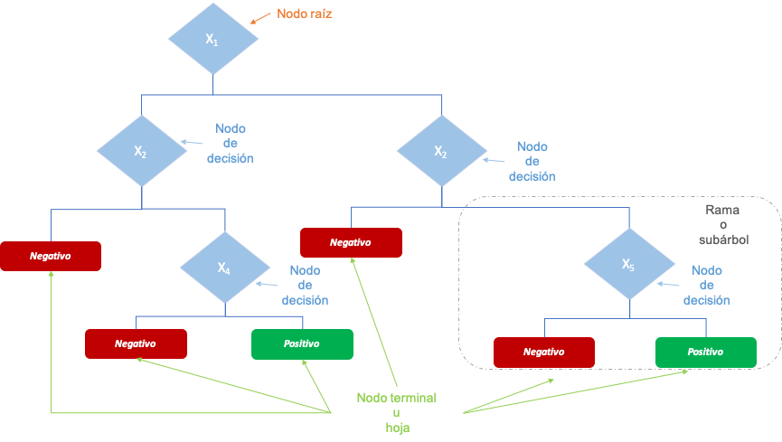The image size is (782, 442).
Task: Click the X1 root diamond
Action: click(x=212, y=39)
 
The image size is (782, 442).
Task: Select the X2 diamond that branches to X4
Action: click(x=141, y=151)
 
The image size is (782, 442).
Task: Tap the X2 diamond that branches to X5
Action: click(x=441, y=151)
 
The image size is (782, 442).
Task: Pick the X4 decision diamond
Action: click(x=224, y=268)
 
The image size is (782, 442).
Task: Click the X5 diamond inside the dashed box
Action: click(x=628, y=264)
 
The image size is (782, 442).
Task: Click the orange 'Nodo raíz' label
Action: click(x=304, y=14)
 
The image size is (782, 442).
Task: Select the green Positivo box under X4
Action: click(x=301, y=344)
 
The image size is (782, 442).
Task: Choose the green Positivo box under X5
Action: click(x=705, y=353)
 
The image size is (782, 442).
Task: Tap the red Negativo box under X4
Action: click(x=136, y=344)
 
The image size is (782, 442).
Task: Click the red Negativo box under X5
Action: click(x=543, y=353)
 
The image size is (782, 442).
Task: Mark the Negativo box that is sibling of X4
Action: click(x=50, y=256)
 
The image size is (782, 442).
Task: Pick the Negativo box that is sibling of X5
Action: click(x=351, y=242)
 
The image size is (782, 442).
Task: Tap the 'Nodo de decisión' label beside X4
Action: click(x=305, y=285)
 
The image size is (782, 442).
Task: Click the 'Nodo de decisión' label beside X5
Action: click(x=706, y=285)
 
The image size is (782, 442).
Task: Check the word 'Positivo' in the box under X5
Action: click(x=705, y=353)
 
